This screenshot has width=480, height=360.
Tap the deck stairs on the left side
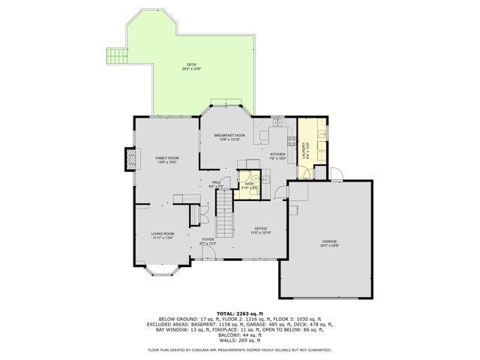coord(115,56)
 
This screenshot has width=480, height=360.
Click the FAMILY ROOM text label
coord(166,158)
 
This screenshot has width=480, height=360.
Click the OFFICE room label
coord(260,229)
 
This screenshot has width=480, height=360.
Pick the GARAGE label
coord(330,242)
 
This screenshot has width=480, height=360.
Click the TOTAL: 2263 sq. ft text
coord(239,313)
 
